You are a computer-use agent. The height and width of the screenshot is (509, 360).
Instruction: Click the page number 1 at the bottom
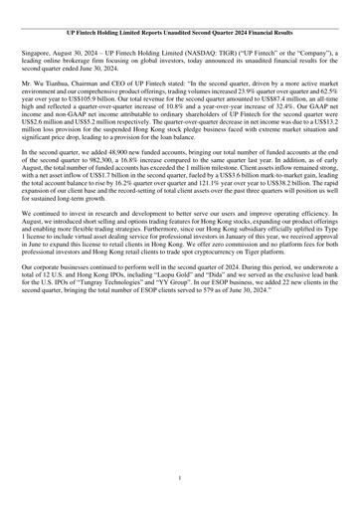pos(180,476)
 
